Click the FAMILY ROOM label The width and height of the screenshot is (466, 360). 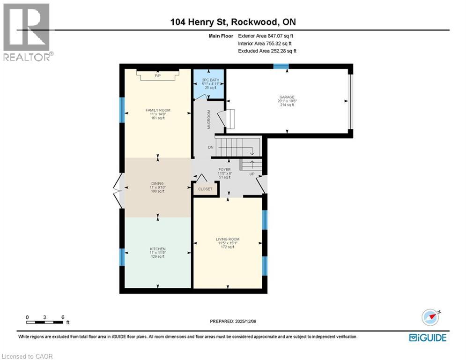157,111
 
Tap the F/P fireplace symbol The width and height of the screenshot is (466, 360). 157,75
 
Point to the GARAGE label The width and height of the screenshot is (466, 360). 287,97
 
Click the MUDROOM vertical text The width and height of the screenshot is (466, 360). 209,119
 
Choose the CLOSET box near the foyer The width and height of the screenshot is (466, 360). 205,189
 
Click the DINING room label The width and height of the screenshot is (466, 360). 157,184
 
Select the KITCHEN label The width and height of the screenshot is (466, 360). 157,249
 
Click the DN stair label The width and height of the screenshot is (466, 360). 211,147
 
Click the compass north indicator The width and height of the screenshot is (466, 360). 431,317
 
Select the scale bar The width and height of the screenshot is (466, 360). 45,322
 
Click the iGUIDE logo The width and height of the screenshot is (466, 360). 427,337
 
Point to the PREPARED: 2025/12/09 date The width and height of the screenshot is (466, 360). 233,322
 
